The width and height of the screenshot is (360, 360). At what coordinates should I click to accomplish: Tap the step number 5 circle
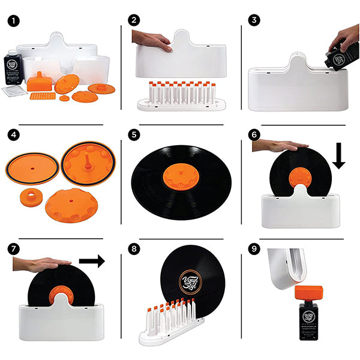tap(133, 136)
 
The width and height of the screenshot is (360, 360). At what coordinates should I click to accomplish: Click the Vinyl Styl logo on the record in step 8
tap(189, 281)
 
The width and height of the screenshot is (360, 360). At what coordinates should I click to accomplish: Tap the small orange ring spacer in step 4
tap(28, 197)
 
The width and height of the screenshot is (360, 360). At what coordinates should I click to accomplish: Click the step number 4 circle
tap(11, 136)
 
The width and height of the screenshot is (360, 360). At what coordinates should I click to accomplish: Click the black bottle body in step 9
tap(312, 325)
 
